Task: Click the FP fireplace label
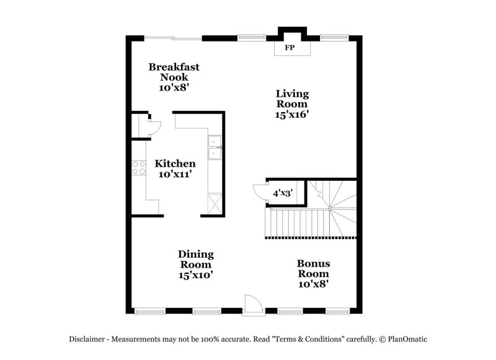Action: click(289, 47)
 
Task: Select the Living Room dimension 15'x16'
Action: click(293, 114)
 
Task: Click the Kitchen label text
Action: click(175, 164)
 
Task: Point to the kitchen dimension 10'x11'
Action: click(175, 175)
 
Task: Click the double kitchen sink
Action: click(215, 148)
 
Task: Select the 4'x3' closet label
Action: click(283, 193)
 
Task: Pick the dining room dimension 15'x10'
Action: click(196, 274)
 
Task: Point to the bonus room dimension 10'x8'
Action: click(313, 284)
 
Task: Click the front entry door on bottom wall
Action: click(253, 305)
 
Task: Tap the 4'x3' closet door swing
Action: click(259, 192)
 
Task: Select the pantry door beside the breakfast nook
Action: click(153, 127)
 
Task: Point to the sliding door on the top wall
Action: click(173, 38)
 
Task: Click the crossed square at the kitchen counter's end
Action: click(214, 203)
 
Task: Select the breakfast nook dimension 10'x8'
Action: click(174, 87)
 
